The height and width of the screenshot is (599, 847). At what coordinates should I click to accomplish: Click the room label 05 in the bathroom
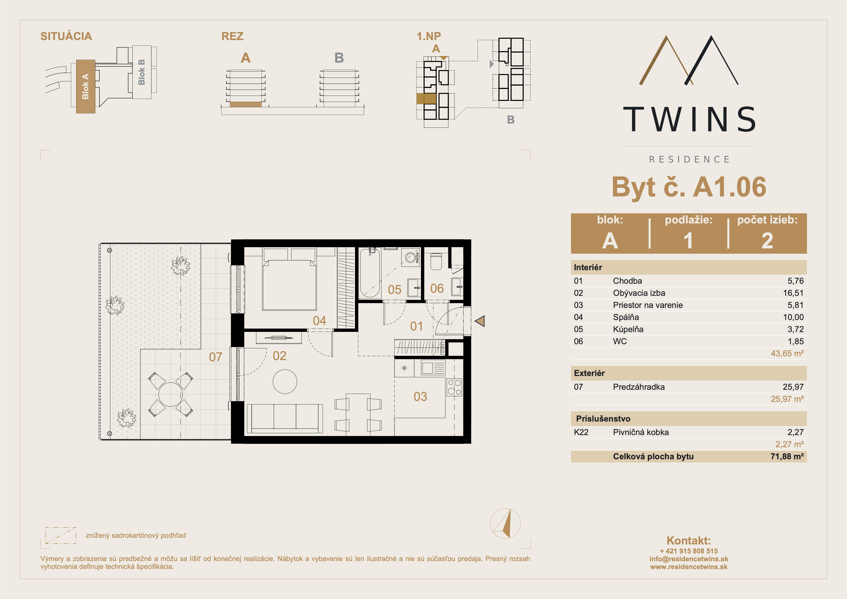[394, 290]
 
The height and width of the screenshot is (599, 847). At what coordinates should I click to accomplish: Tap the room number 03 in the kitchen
[420, 397]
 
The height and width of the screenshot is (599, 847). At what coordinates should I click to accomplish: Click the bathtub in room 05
[370, 273]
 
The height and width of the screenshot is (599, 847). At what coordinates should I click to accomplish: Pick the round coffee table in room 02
[285, 382]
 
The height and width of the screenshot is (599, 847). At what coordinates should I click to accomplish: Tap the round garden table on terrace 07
[171, 394]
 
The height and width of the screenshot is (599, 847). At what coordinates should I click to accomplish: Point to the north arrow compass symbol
[505, 523]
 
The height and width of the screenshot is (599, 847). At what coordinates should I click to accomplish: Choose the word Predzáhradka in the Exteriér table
[639, 387]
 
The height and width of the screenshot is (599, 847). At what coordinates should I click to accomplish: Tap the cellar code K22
[581, 432]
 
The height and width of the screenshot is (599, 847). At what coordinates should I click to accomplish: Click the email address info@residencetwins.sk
[689, 559]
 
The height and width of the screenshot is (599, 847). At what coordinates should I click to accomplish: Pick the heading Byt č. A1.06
[689, 187]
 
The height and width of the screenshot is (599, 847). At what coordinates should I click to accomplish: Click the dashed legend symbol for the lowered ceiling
[60, 535]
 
